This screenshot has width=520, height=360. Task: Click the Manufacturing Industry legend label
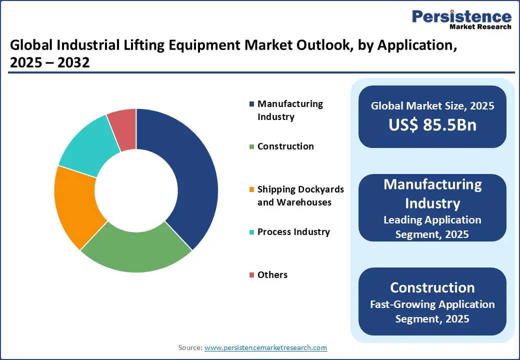pos(290,110)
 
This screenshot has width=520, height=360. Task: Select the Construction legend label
pos(285,146)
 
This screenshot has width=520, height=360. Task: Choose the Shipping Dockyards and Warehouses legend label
pos(300,195)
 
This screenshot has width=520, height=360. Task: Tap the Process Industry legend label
pos(293,232)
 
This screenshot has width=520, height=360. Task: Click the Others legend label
pos(272,275)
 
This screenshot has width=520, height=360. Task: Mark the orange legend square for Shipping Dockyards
pos(251,189)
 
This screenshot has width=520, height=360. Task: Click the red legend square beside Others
pos(251,275)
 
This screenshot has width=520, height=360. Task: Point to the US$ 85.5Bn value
pos(432,125)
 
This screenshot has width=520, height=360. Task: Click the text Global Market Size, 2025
pos(432,105)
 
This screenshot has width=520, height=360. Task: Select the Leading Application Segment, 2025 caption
pos(432,227)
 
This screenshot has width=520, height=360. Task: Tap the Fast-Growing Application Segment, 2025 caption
pos(432,311)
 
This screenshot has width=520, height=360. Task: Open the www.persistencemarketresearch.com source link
pos(266,347)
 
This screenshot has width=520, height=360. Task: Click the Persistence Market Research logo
pos(461,20)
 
